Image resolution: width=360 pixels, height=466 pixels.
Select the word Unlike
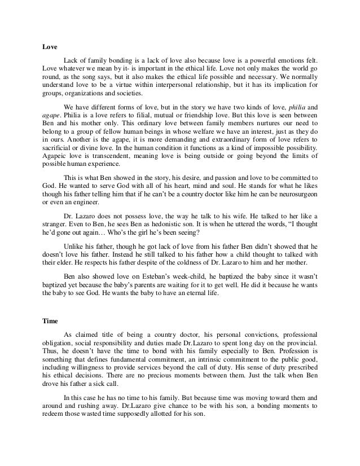pyautogui.click(x=74, y=245)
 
